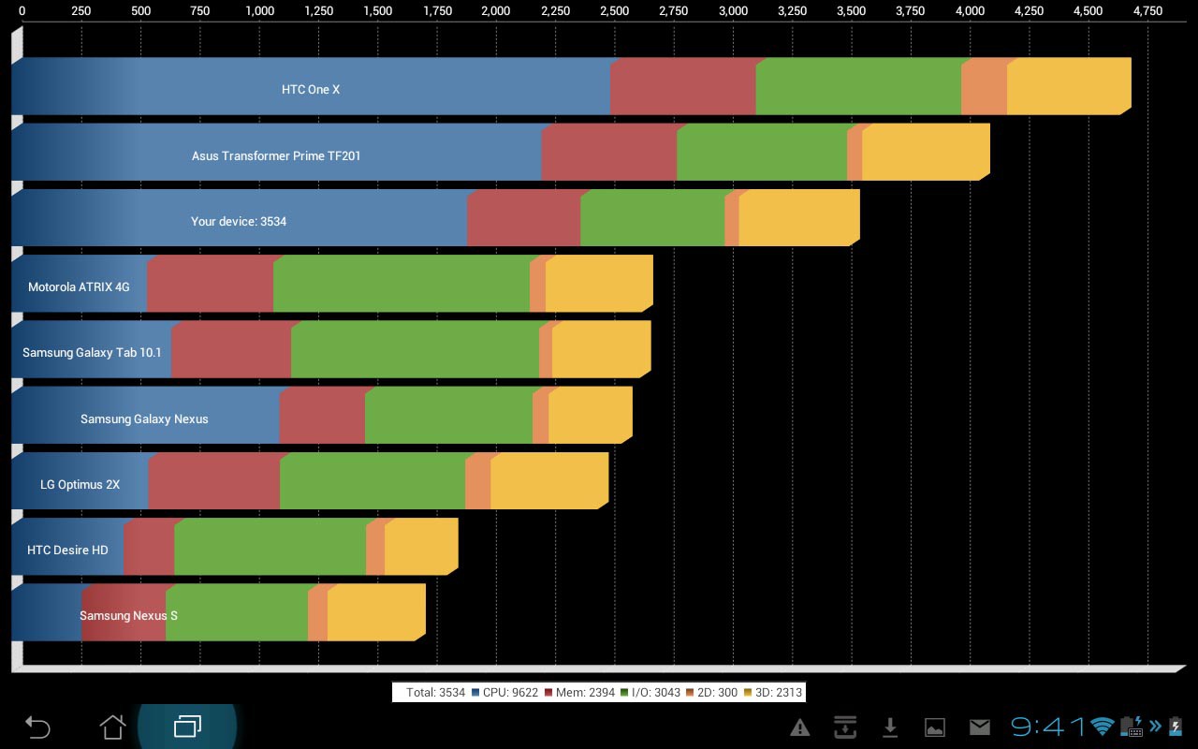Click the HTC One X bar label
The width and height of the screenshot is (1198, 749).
click(x=311, y=90)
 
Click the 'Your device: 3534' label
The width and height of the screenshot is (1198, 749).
click(x=239, y=222)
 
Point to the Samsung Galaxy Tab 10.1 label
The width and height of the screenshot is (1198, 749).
click(x=92, y=353)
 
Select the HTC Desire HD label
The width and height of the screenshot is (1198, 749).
click(x=67, y=550)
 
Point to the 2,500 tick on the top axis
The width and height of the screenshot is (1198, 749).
click(x=614, y=11)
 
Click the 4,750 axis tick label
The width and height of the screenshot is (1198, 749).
click(x=1147, y=11)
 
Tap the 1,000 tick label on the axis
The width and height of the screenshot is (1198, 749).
click(x=259, y=11)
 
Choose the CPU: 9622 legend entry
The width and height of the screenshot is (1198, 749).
click(x=504, y=693)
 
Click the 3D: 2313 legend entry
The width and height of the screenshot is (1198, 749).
click(x=772, y=693)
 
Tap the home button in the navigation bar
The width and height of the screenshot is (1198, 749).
click(x=112, y=727)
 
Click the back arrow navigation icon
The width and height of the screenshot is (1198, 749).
click(x=37, y=727)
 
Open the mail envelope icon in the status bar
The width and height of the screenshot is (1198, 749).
click(x=979, y=727)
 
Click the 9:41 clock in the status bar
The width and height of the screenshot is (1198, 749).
click(x=1048, y=727)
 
